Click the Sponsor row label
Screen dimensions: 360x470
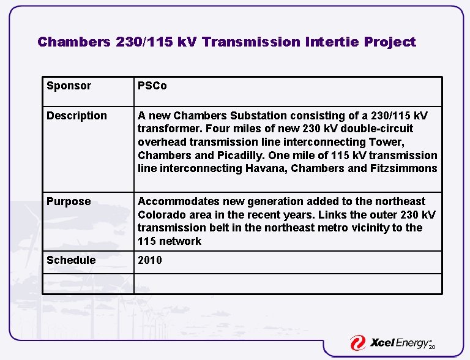[x=69, y=86]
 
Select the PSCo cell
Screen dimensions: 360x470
[x=152, y=86]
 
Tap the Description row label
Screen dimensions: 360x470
[x=76, y=116]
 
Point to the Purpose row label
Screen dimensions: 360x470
[x=69, y=201]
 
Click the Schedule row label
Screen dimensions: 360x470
[x=71, y=260]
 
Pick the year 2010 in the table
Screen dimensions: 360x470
[x=150, y=260]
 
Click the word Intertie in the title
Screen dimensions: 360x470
[x=329, y=42]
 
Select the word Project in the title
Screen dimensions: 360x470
[x=390, y=42]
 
